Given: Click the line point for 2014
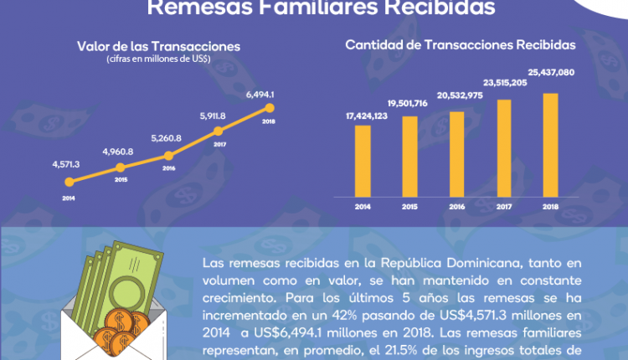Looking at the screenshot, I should (66, 183).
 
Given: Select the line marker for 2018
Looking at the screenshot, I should (269, 107).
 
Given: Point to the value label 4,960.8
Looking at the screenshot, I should (117, 152).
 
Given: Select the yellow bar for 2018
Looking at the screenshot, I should (550, 146).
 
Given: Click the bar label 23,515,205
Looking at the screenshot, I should (504, 83).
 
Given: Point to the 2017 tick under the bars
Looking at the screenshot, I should (503, 208).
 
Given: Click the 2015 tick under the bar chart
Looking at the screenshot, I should (409, 208).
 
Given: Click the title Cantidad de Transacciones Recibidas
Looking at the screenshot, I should (461, 44).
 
